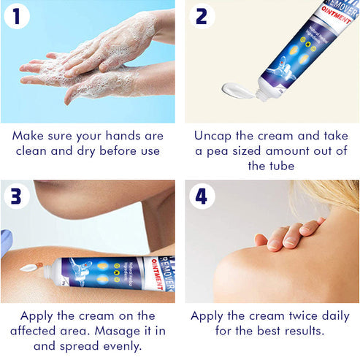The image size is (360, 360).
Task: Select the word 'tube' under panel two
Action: tap(285, 166)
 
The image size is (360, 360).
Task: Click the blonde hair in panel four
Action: tap(336, 201)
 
